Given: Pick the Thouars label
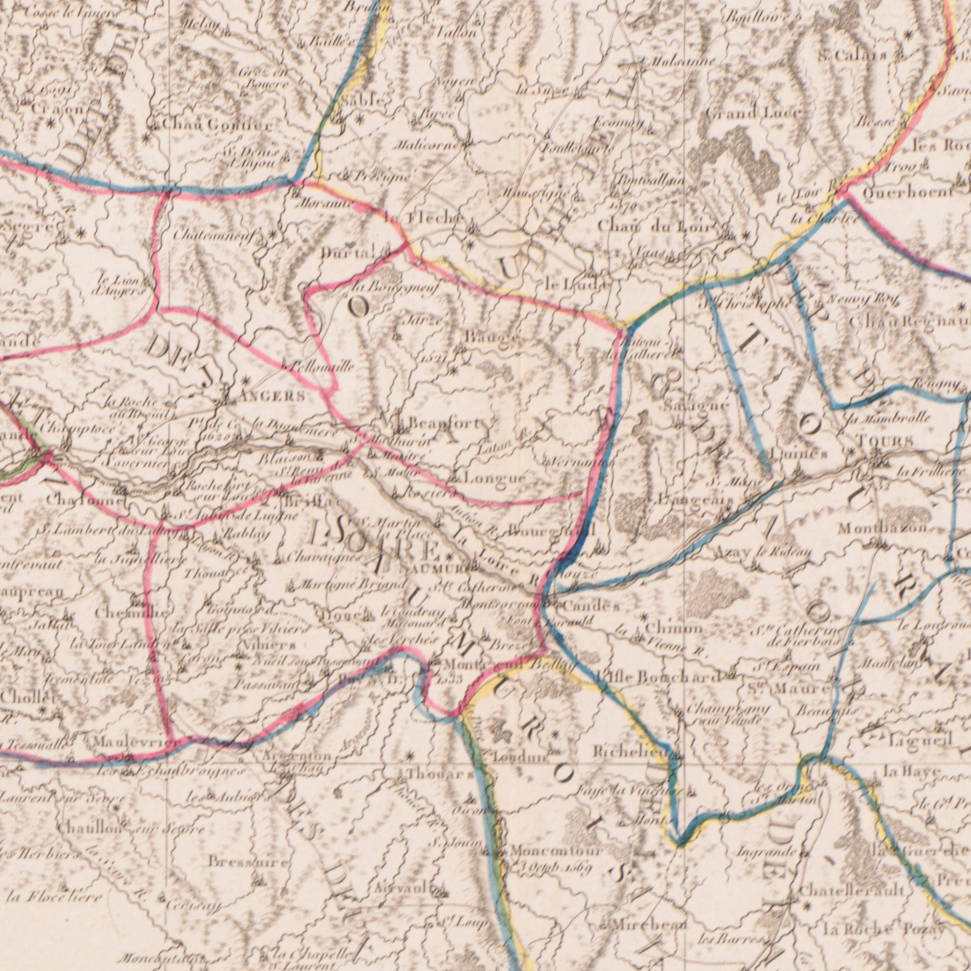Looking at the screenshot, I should (439, 775).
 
